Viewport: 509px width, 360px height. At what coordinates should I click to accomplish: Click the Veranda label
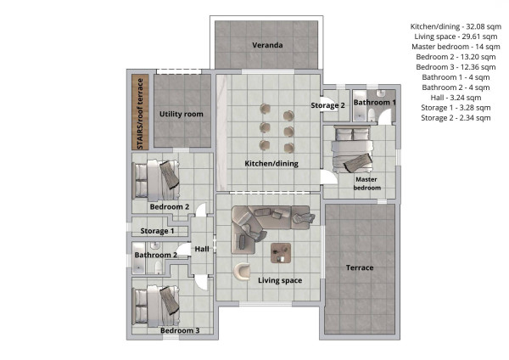tap(267, 45)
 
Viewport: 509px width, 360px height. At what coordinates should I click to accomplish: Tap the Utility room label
tap(182, 114)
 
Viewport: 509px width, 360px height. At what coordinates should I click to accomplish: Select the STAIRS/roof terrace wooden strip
tap(140, 112)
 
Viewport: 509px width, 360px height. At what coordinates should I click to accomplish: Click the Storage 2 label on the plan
tap(327, 105)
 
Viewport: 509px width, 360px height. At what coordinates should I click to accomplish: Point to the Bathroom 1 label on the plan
tap(374, 103)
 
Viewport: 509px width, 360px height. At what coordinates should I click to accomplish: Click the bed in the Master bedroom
tap(352, 149)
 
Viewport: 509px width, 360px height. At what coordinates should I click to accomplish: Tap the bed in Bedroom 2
tap(156, 179)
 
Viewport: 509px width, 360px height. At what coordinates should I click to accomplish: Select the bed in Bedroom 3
tap(156, 306)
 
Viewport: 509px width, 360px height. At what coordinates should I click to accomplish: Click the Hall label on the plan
tap(202, 249)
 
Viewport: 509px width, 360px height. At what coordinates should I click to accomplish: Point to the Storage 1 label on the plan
tap(157, 231)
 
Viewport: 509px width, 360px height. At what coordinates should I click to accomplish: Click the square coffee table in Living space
tap(281, 253)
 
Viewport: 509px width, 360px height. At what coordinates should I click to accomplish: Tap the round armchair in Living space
tap(242, 271)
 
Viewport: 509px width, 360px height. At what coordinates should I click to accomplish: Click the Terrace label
tap(360, 267)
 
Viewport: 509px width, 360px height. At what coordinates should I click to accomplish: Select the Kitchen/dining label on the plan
tap(271, 163)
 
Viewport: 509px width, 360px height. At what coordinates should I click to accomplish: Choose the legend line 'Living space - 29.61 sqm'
tap(456, 37)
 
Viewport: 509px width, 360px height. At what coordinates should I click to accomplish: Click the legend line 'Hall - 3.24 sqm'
tap(456, 98)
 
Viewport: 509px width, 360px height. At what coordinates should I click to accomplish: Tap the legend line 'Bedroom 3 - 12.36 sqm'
tap(456, 67)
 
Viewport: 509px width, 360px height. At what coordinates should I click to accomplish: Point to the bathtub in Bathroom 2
tap(139, 258)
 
